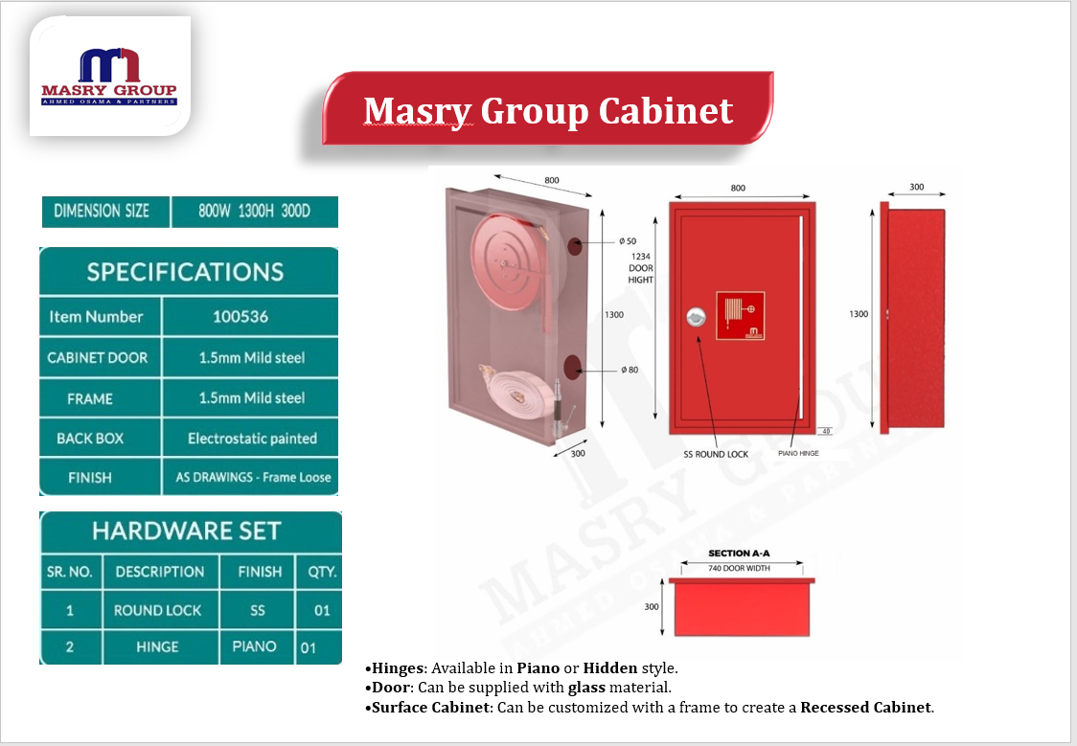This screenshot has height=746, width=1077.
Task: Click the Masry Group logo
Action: tap(109, 77)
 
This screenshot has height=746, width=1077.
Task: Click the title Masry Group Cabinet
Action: tap(548, 110)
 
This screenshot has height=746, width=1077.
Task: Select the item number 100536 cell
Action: tap(241, 316)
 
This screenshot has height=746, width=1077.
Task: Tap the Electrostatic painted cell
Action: tap(252, 438)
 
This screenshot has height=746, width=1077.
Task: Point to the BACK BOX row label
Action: tap(90, 438)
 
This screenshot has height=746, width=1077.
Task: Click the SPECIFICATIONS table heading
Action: tap(186, 272)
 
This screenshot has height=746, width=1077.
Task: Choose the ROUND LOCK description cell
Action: tap(157, 610)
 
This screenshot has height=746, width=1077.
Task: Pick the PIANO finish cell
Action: tap(254, 646)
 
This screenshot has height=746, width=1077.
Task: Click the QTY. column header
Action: tap(322, 572)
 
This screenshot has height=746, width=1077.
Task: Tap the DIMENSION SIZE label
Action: tap(102, 211)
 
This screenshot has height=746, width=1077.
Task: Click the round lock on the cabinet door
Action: tap(696, 316)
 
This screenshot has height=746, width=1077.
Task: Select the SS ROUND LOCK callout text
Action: tap(716, 454)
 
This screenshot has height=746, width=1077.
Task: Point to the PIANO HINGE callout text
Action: tap(798, 453)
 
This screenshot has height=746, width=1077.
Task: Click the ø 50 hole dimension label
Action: tap(627, 241)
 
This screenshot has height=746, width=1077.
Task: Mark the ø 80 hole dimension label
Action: tap(630, 370)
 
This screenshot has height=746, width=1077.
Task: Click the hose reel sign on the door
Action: tap(740, 316)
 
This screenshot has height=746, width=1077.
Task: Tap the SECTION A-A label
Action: tap(739, 554)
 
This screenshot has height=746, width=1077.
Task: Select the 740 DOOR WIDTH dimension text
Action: tap(739, 568)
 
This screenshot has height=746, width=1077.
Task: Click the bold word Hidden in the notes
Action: tap(610, 667)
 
